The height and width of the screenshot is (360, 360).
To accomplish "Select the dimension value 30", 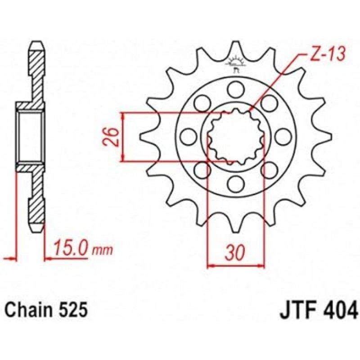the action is [x=235, y=252].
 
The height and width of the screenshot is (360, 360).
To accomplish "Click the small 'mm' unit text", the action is [x=102, y=250].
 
